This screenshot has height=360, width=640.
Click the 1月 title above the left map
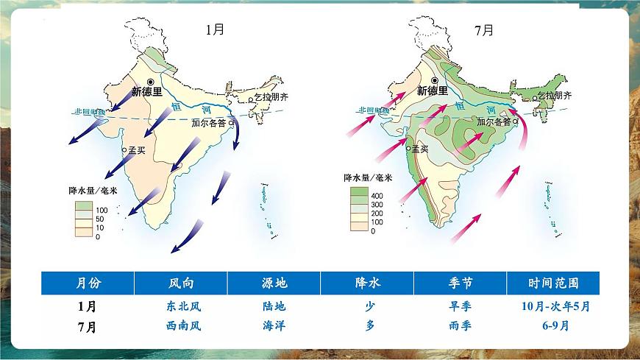point(216,30)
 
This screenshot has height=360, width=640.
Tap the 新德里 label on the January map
point(146,92)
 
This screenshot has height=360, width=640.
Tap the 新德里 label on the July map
point(432,91)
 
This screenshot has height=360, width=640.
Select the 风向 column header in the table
point(181,283)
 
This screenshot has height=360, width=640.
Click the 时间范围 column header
point(553,283)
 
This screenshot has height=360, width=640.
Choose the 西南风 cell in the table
point(181,326)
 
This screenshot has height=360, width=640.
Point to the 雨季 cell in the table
point(460,326)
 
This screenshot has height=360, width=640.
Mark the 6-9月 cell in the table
point(553,326)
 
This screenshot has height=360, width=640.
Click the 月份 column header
point(88,283)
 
